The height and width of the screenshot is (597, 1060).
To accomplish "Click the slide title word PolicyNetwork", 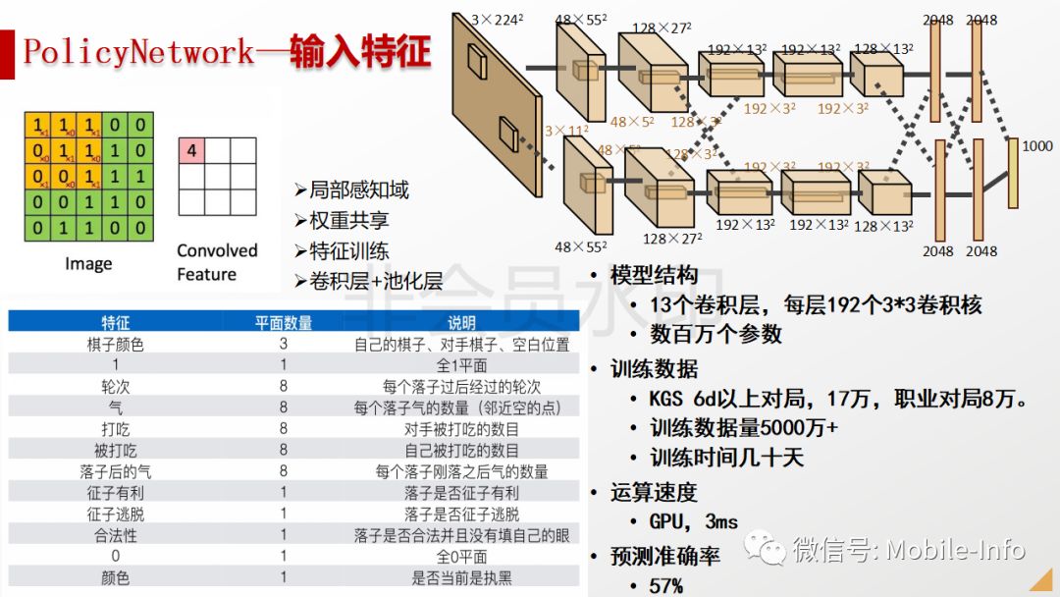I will click(x=138, y=51).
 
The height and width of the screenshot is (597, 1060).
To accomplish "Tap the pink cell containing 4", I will click(x=192, y=150).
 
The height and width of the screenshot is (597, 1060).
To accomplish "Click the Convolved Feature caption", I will click(x=217, y=262).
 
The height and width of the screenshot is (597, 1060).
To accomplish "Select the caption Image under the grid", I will click(x=88, y=263).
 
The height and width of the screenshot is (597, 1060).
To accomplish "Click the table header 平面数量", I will click(x=283, y=322).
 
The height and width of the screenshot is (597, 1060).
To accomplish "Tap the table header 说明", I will click(x=461, y=322).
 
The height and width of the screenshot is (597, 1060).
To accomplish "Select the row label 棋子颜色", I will click(x=115, y=345).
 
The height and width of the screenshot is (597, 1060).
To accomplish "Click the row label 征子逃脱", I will click(x=115, y=514).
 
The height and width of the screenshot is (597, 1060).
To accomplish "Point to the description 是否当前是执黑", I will click(x=461, y=577).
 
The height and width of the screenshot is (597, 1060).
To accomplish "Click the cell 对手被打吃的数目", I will click(x=461, y=429).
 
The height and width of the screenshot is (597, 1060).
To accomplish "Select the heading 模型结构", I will click(x=654, y=275).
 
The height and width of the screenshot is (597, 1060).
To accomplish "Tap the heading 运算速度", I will click(x=654, y=492).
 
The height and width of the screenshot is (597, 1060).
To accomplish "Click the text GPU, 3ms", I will click(x=693, y=521).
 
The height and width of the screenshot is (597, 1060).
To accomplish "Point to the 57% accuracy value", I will click(x=666, y=585).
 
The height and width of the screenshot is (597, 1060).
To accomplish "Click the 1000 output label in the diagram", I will click(x=1036, y=145).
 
